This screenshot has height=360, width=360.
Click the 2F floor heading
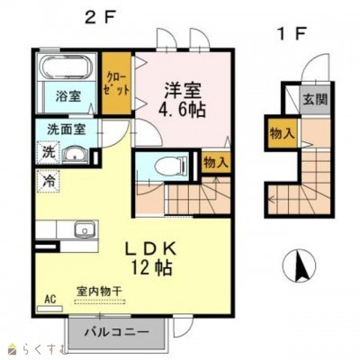[x=100, y=15]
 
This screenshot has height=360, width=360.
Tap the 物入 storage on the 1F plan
[x=282, y=134]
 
